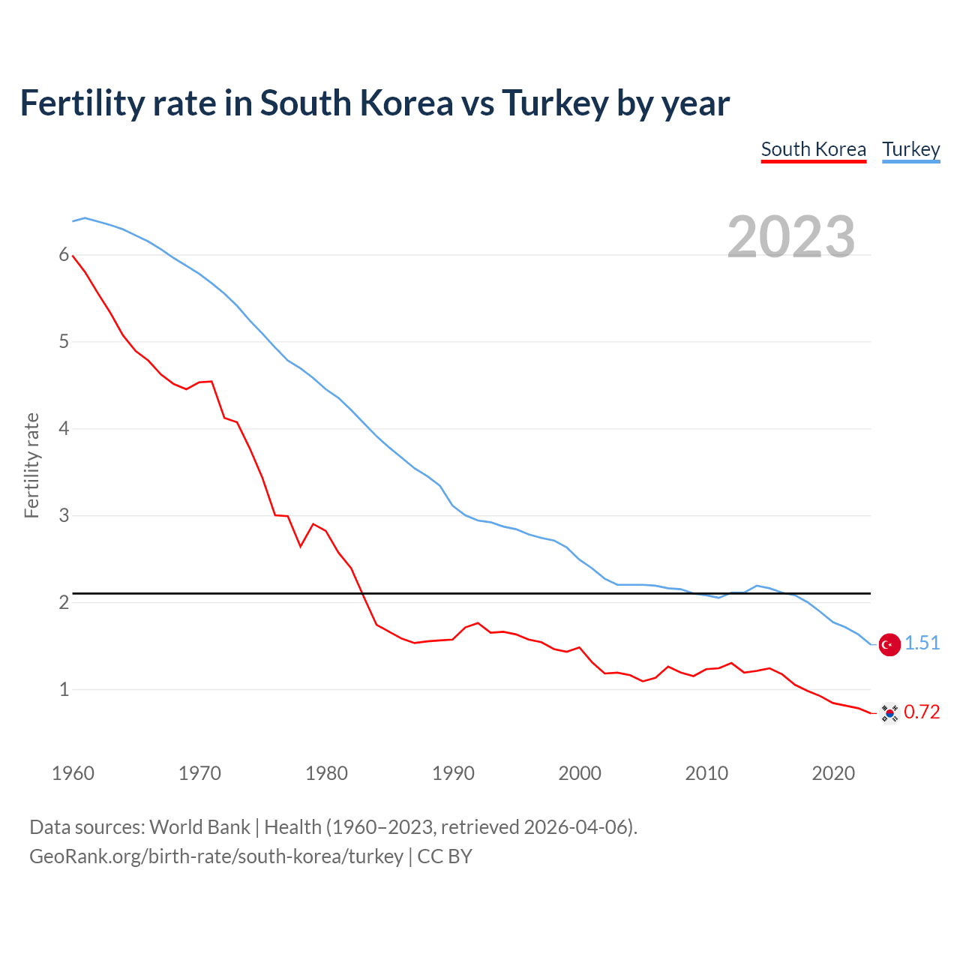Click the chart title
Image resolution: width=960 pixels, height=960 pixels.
click(374, 103)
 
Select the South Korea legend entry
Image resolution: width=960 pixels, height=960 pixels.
click(813, 149)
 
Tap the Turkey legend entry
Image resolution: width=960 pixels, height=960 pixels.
click(910, 149)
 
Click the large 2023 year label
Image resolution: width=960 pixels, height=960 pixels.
click(790, 237)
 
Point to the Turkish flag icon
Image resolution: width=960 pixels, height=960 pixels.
click(889, 644)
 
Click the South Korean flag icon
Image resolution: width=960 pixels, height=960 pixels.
click(889, 712)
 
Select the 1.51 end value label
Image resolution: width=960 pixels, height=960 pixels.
click(922, 643)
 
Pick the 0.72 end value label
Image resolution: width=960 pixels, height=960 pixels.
click(922, 712)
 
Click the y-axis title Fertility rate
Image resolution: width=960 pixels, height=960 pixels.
click(31, 465)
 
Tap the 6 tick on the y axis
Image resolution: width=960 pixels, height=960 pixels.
click(64, 255)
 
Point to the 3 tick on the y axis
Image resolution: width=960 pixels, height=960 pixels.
click(64, 516)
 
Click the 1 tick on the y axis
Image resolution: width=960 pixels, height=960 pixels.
click(64, 689)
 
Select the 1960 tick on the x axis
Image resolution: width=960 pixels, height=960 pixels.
click(73, 773)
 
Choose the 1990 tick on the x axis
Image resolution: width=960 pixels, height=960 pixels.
click(453, 773)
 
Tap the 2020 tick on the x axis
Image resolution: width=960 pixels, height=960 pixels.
click(833, 773)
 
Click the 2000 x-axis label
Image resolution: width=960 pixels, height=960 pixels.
click(580, 773)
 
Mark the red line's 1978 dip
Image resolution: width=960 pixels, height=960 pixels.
click(301, 546)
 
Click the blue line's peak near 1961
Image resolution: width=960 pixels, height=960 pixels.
click(85, 218)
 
